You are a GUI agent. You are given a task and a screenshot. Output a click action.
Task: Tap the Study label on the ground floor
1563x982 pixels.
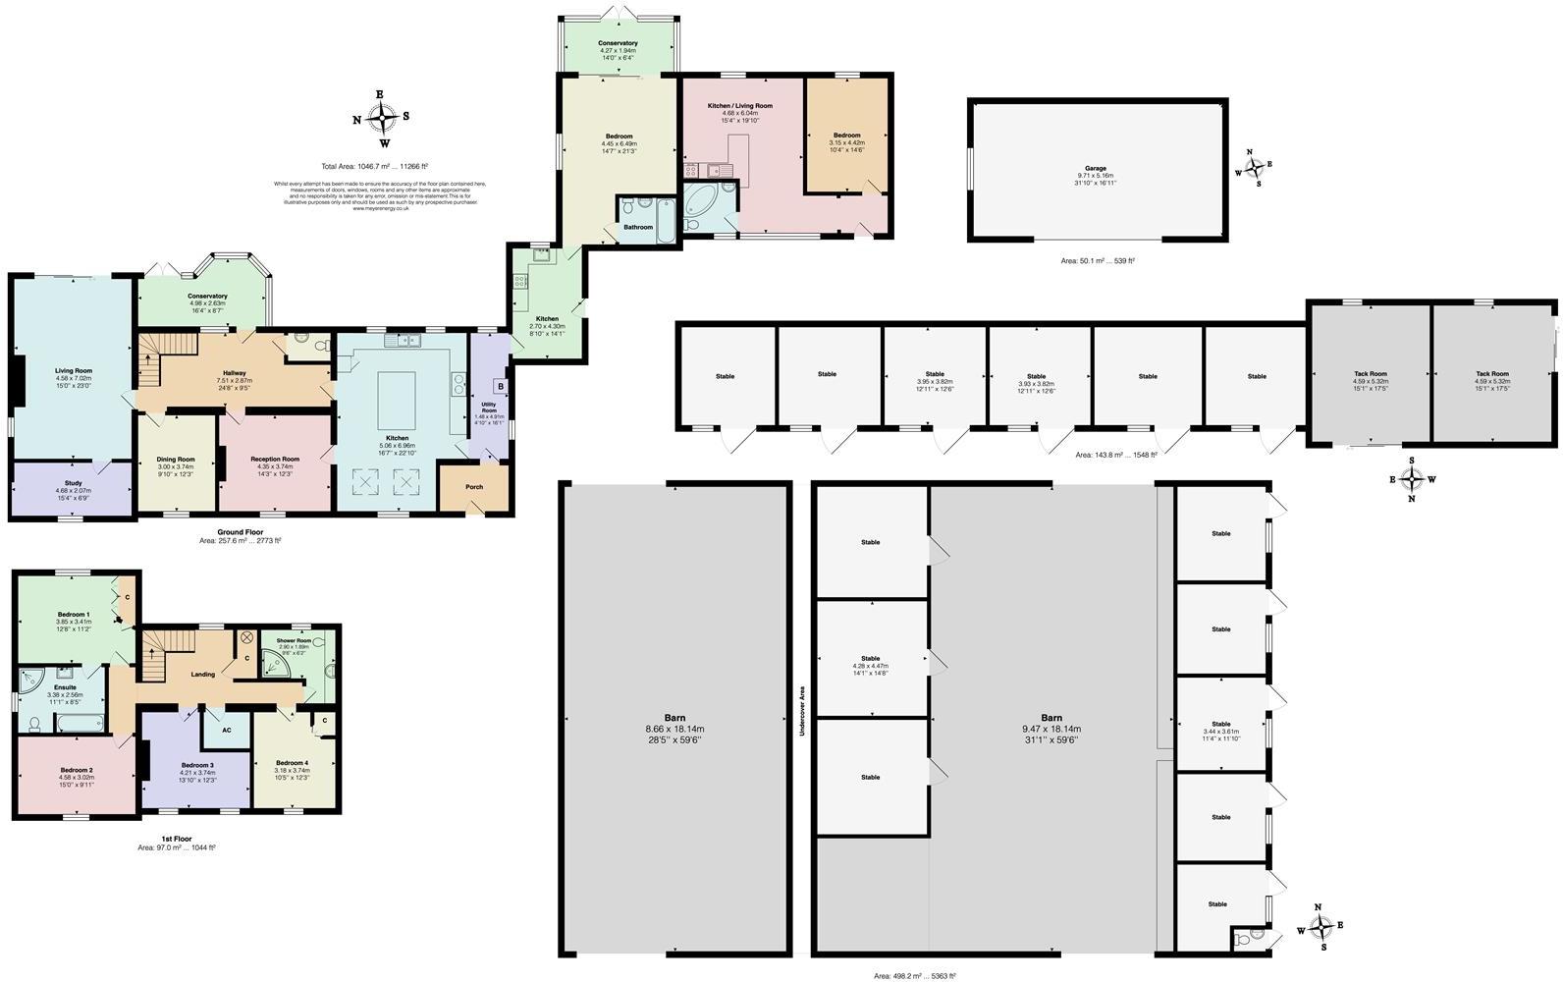click(x=73, y=483)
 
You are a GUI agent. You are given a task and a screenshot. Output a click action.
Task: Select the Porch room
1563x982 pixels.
click(x=474, y=487)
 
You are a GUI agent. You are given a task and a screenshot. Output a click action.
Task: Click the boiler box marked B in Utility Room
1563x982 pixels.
click(x=499, y=386)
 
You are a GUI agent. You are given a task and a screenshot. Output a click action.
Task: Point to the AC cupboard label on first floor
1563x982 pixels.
click(x=226, y=730)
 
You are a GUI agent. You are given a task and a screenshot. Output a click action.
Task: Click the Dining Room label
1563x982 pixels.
click(x=176, y=460)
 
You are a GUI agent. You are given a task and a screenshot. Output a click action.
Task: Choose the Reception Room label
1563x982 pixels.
click(x=275, y=460)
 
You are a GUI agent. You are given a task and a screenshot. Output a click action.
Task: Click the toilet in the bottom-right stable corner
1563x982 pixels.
click(x=1245, y=939)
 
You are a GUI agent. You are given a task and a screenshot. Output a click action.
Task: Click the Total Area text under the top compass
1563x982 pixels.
click(x=375, y=167)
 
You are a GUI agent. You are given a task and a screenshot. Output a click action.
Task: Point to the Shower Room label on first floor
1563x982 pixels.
click(x=293, y=640)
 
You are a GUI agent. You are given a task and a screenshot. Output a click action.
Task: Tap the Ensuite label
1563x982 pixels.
click(x=65, y=687)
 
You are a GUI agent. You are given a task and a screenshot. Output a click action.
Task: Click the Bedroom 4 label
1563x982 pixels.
click(x=292, y=763)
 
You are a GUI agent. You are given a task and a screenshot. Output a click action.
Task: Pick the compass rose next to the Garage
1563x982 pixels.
click(x=1251, y=167)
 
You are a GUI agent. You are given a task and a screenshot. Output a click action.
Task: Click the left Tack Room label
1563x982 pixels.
click(x=1370, y=374)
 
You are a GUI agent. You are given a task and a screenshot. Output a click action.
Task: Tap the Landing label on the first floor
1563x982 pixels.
click(x=203, y=675)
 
